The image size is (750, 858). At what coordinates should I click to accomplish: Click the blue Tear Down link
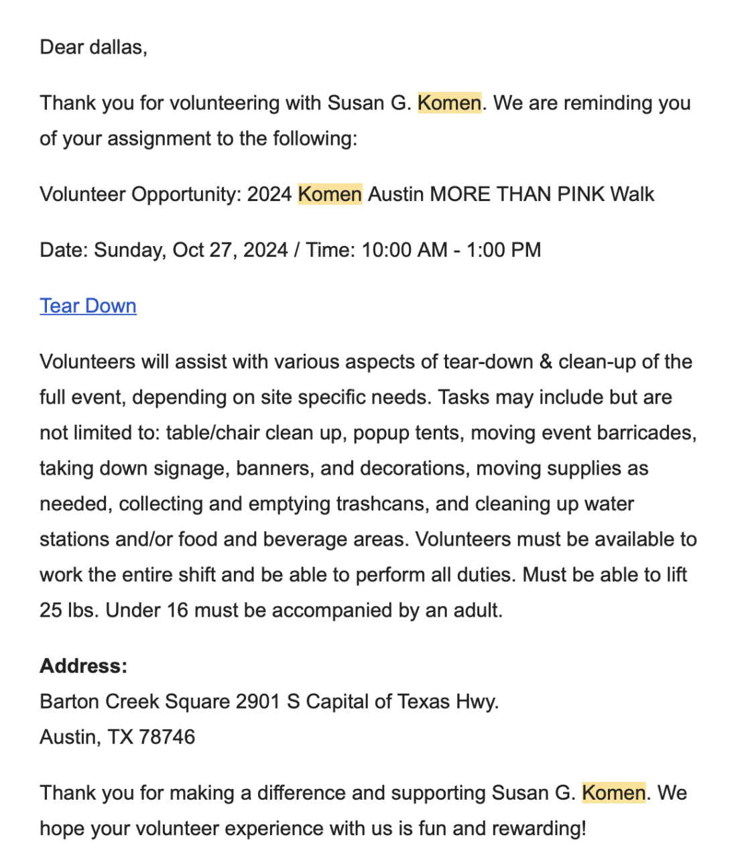point(88,306)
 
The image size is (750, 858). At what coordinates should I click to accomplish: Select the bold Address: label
point(83,666)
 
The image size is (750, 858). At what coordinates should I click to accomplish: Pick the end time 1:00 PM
point(503,250)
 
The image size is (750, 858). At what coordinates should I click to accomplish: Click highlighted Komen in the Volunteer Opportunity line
point(330,194)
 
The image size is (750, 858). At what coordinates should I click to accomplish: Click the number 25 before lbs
point(50,610)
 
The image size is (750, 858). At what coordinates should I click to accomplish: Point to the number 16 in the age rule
point(178,610)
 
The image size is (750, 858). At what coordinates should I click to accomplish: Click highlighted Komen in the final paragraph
point(613,793)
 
